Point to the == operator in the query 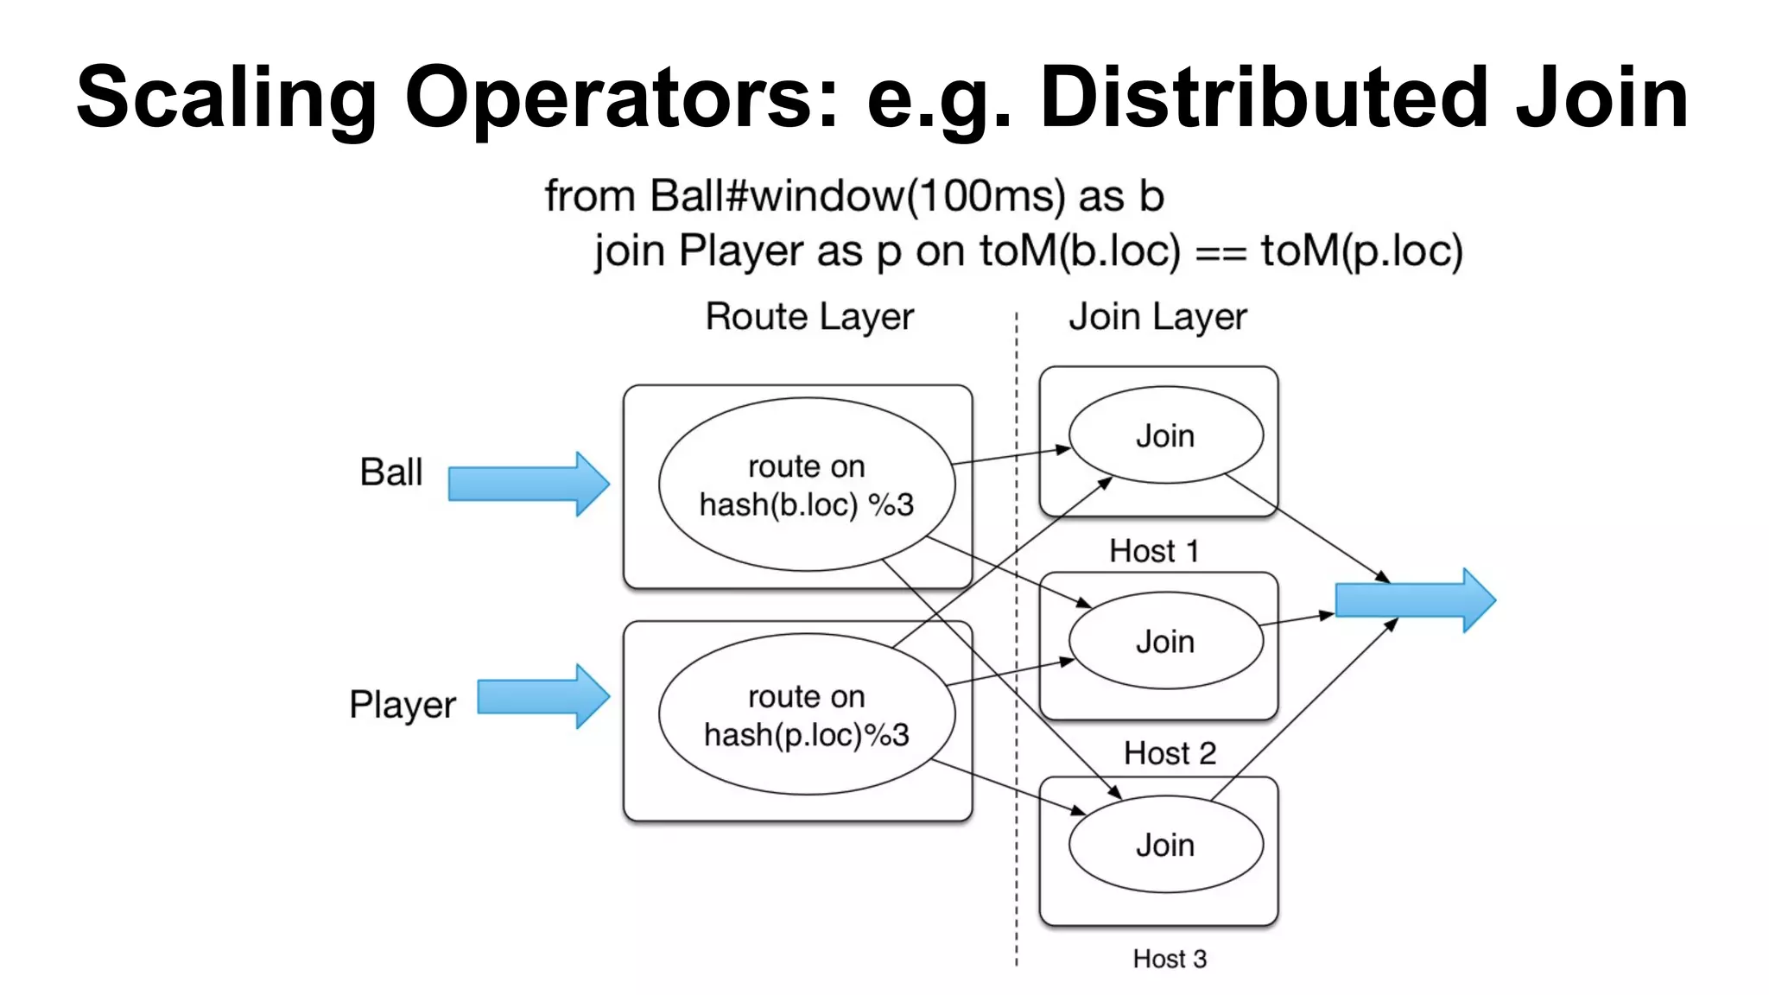click(1220, 252)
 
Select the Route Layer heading click(809, 317)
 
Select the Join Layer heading click(1157, 317)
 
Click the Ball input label click(391, 472)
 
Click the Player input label click(403, 705)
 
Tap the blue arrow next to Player click(543, 696)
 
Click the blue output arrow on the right click(1415, 600)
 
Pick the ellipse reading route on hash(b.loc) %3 click(807, 485)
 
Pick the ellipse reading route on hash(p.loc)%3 click(807, 715)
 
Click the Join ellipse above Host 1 click(1165, 435)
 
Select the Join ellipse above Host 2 click(1165, 641)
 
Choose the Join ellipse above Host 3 click(1165, 845)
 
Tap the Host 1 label click(1154, 551)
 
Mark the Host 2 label click(1170, 753)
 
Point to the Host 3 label click(1170, 959)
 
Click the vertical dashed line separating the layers click(1017, 864)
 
